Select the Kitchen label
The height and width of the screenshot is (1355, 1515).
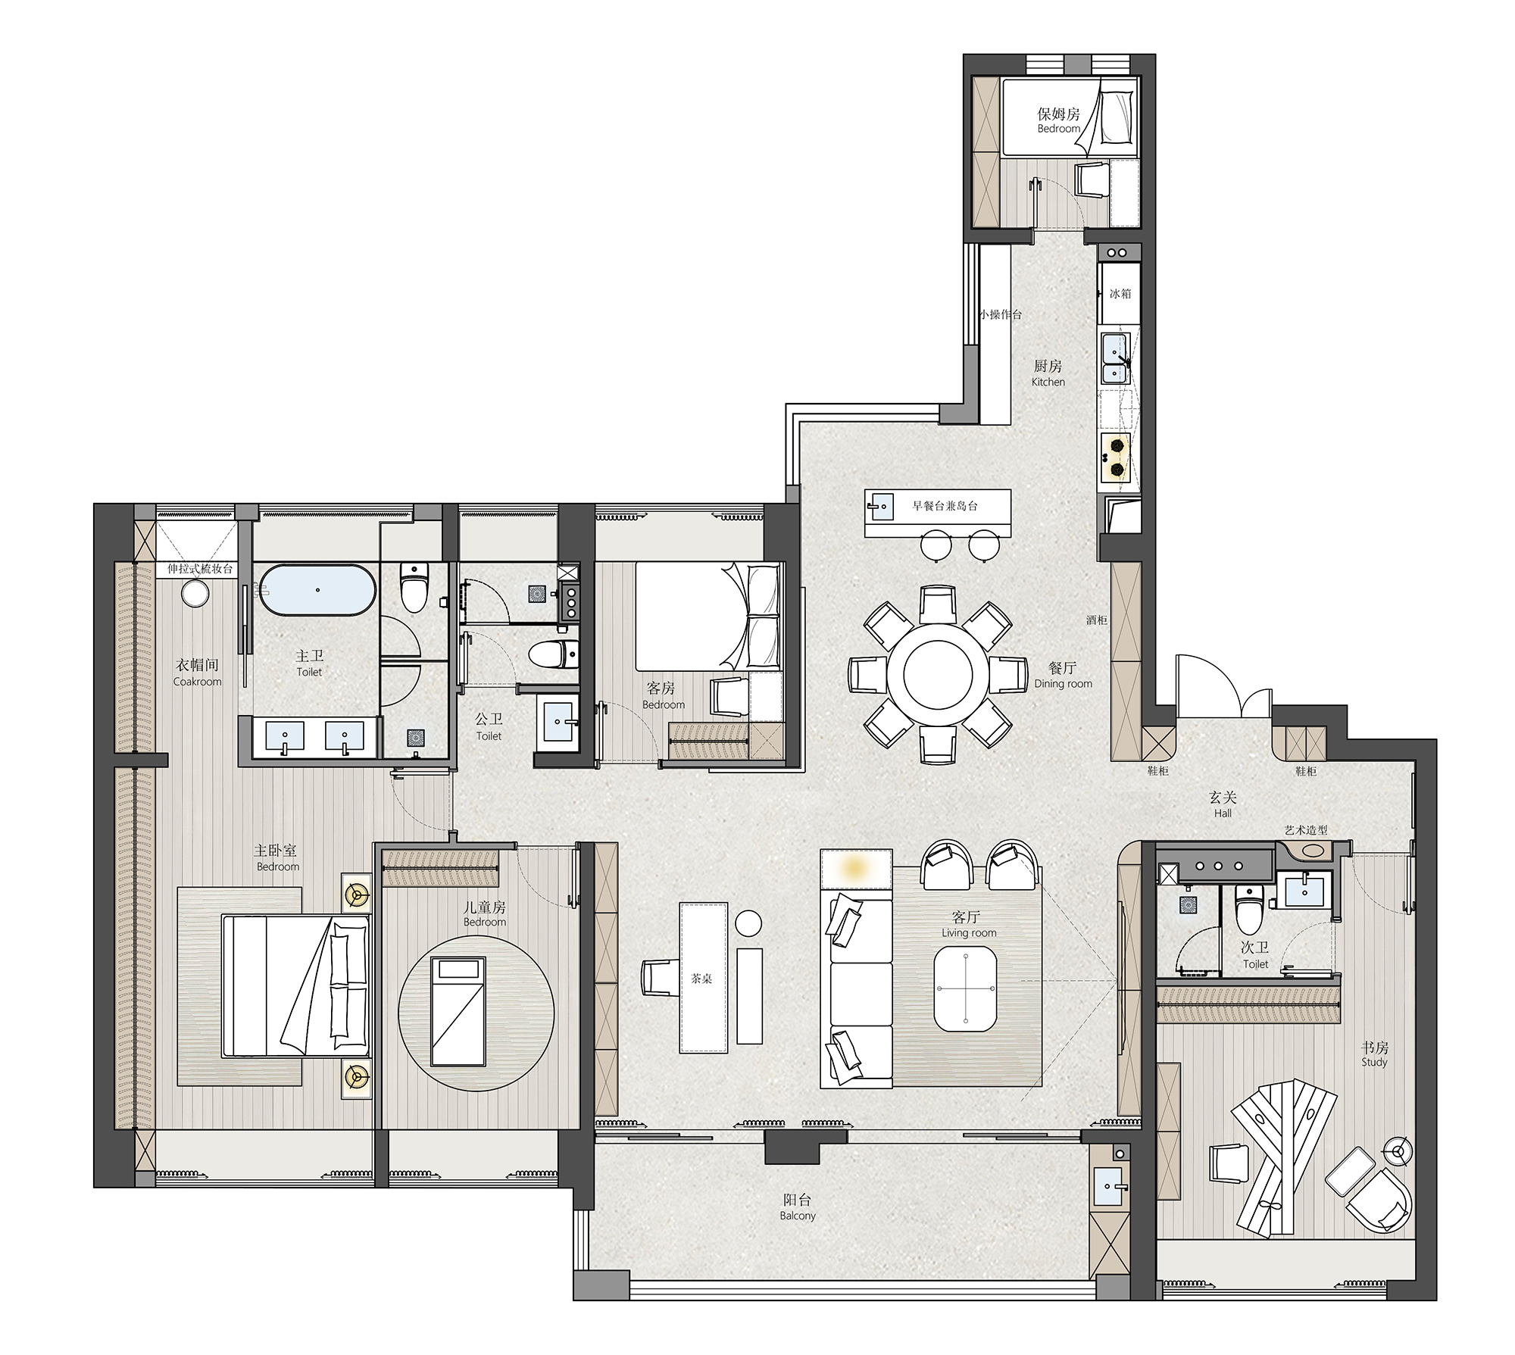(x=1048, y=382)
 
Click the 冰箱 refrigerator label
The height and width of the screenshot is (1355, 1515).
(x=1120, y=293)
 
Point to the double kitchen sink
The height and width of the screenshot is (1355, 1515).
(x=1115, y=360)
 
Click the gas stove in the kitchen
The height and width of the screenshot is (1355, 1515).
(x=1117, y=457)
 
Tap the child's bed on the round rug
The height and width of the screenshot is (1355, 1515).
(x=458, y=1011)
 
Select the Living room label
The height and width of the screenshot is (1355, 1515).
(x=969, y=933)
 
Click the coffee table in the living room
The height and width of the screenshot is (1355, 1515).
(x=966, y=989)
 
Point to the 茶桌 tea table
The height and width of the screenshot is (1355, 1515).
(x=703, y=977)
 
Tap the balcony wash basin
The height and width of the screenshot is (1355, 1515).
(x=1110, y=1188)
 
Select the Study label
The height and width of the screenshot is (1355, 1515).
(x=1374, y=1062)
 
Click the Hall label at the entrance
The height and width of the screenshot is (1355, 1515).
(x=1223, y=813)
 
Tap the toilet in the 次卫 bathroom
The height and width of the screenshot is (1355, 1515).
(x=1246, y=910)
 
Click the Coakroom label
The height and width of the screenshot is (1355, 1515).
(x=197, y=682)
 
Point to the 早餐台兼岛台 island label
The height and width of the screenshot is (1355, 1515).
(x=945, y=505)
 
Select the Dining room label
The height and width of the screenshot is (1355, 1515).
(x=1064, y=684)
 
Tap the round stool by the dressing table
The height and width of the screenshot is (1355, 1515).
(x=195, y=593)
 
